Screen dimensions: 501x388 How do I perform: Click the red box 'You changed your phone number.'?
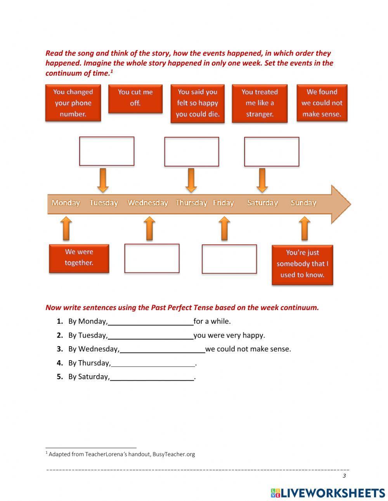click(x=73, y=103)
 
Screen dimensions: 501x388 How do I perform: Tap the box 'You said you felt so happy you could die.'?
click(x=197, y=103)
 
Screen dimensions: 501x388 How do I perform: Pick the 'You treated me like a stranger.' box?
click(x=260, y=103)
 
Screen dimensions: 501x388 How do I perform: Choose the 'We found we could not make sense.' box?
click(x=322, y=103)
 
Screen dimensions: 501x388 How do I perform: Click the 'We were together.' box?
click(x=79, y=258)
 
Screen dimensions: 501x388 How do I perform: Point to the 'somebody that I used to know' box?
click(x=302, y=264)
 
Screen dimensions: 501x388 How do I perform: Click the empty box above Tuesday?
click(x=107, y=151)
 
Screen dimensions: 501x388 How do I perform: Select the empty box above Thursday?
click(x=191, y=151)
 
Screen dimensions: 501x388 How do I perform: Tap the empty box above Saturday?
click(x=272, y=151)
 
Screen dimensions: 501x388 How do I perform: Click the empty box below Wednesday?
click(x=152, y=258)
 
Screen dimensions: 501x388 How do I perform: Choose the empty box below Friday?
click(x=229, y=259)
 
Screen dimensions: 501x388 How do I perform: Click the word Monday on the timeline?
click(x=66, y=203)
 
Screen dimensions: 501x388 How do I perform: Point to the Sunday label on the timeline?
click(x=303, y=203)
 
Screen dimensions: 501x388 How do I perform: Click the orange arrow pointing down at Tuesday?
click(x=103, y=180)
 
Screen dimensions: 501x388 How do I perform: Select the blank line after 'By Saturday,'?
click(x=152, y=377)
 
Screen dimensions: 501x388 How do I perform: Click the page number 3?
click(x=344, y=476)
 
